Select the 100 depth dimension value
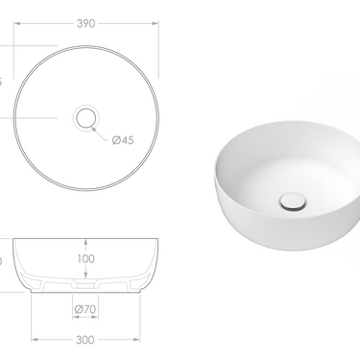[x=87, y=258]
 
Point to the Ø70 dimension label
[x=87, y=309]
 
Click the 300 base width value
[x=87, y=340]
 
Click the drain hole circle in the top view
[x=87, y=119]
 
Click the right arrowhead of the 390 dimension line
[x=156, y=29]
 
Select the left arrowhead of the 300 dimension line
[x=36, y=339]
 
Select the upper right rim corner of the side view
[x=157, y=236]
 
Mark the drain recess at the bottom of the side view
[x=87, y=285]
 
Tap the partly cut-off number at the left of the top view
[x=3, y=81]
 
